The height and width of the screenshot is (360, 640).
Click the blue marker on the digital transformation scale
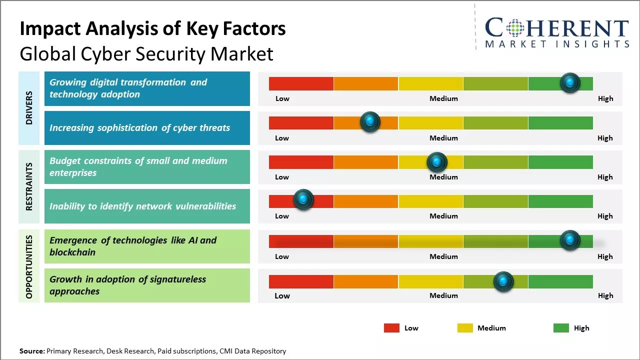570,82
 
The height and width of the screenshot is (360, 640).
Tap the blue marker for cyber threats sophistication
370,121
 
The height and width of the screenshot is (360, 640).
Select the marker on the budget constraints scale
437,162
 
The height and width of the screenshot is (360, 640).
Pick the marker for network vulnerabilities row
303,200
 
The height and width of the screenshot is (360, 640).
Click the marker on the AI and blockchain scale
570,240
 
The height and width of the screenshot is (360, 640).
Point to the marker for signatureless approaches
503,281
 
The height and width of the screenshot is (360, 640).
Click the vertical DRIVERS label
29,107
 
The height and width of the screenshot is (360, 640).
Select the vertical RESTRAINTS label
29,186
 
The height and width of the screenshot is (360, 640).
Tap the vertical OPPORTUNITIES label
29,266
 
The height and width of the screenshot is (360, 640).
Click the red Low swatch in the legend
391,328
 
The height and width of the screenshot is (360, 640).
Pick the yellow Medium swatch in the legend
465,328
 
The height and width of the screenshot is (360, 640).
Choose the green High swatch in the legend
561,328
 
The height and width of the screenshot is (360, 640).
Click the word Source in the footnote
32,351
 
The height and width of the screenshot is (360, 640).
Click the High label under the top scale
605,98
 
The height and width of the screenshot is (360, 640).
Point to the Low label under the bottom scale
282,295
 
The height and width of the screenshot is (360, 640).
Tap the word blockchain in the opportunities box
72,252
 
